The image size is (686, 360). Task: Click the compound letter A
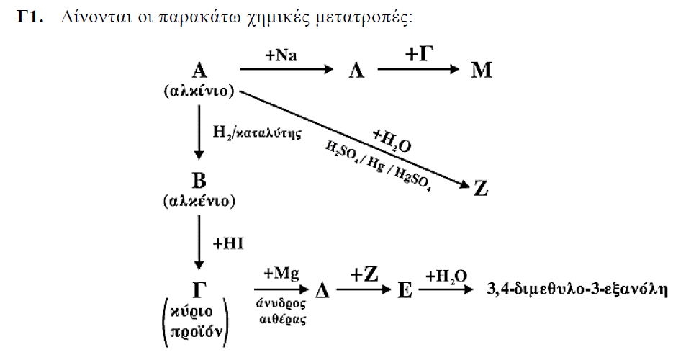tap(199, 70)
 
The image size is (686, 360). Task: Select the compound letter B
tap(199, 180)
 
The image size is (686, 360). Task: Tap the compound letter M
tap(482, 70)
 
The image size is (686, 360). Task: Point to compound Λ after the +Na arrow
tap(356, 70)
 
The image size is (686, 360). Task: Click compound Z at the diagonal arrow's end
tap(481, 189)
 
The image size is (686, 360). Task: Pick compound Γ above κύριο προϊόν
tap(199, 289)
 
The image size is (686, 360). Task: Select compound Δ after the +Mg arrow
tap(322, 289)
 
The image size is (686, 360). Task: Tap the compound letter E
tap(405, 289)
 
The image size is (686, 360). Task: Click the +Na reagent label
tap(281, 55)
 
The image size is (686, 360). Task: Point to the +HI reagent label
tap(228, 243)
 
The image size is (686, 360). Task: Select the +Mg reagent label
tap(281, 274)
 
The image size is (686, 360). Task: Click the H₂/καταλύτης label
tap(257, 132)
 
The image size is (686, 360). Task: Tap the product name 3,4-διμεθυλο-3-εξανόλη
tap(577, 289)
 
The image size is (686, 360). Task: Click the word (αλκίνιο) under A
tap(199, 91)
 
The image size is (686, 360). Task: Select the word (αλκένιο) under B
tap(199, 201)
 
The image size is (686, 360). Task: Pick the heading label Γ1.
tap(30, 17)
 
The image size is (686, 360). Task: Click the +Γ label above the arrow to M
tap(419, 54)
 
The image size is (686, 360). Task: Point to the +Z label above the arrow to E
tap(364, 275)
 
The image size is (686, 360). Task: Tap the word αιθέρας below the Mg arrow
tap(283, 319)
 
